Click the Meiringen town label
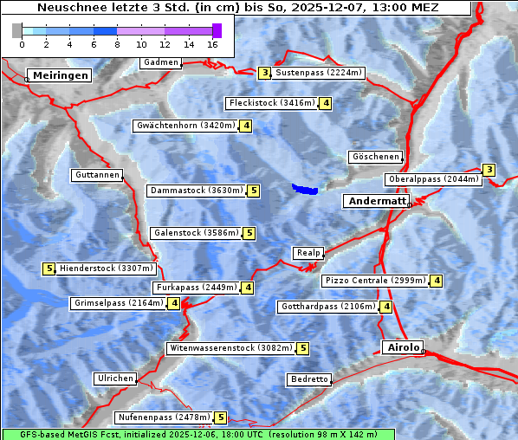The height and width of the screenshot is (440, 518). (61, 75)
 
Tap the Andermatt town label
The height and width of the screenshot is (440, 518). (377, 201)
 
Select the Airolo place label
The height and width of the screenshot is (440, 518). (403, 347)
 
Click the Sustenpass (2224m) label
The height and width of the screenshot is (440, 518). (320, 73)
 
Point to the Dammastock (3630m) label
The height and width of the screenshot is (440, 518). (197, 191)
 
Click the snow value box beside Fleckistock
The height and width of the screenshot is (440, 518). (326, 104)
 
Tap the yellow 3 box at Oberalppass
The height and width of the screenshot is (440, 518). (489, 170)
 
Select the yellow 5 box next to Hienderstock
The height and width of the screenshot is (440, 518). (49, 269)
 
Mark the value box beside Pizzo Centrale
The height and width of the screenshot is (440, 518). (437, 281)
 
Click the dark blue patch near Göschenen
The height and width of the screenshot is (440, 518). (305, 189)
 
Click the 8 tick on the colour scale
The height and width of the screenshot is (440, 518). (117, 42)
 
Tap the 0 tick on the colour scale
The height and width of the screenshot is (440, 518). (22, 42)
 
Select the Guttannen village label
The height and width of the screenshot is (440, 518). (97, 175)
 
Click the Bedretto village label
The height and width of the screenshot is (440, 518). (309, 379)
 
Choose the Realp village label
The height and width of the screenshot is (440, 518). (308, 253)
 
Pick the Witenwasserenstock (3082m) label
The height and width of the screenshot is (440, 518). (230, 348)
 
